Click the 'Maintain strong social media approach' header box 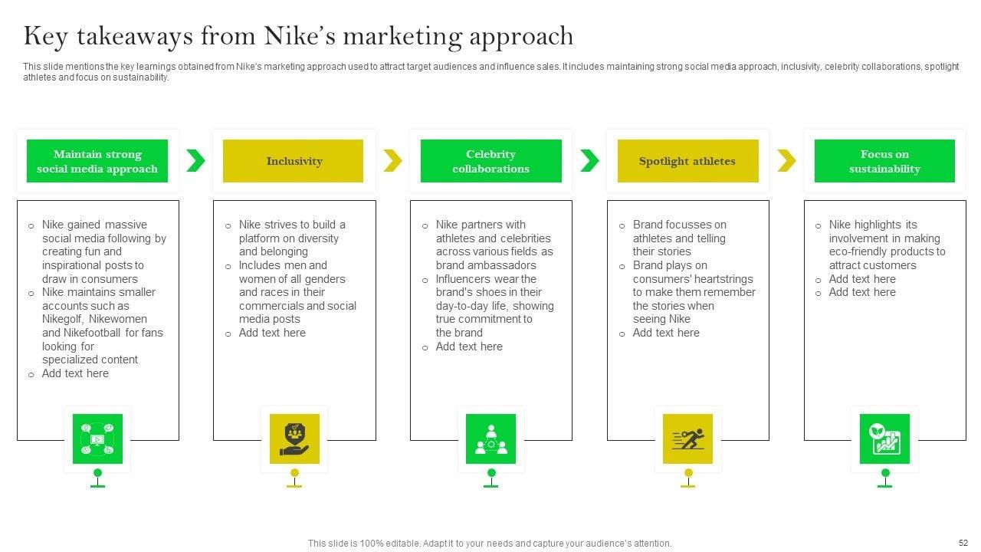coord(97,161)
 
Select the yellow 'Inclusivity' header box coord(294,161)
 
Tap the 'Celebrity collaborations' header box coord(490,161)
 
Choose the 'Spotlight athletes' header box coord(687,161)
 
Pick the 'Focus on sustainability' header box coord(884,161)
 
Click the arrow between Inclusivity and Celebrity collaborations coord(392,161)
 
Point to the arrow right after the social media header coord(196,161)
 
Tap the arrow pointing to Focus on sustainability coord(786,161)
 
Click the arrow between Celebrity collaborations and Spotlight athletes coord(589,161)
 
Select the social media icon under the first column coord(97,439)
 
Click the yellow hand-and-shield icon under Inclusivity coord(294,439)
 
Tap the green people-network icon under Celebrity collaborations coord(491,439)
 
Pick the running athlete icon coord(687,439)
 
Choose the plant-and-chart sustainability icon coord(884,439)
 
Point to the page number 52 coord(963,542)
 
